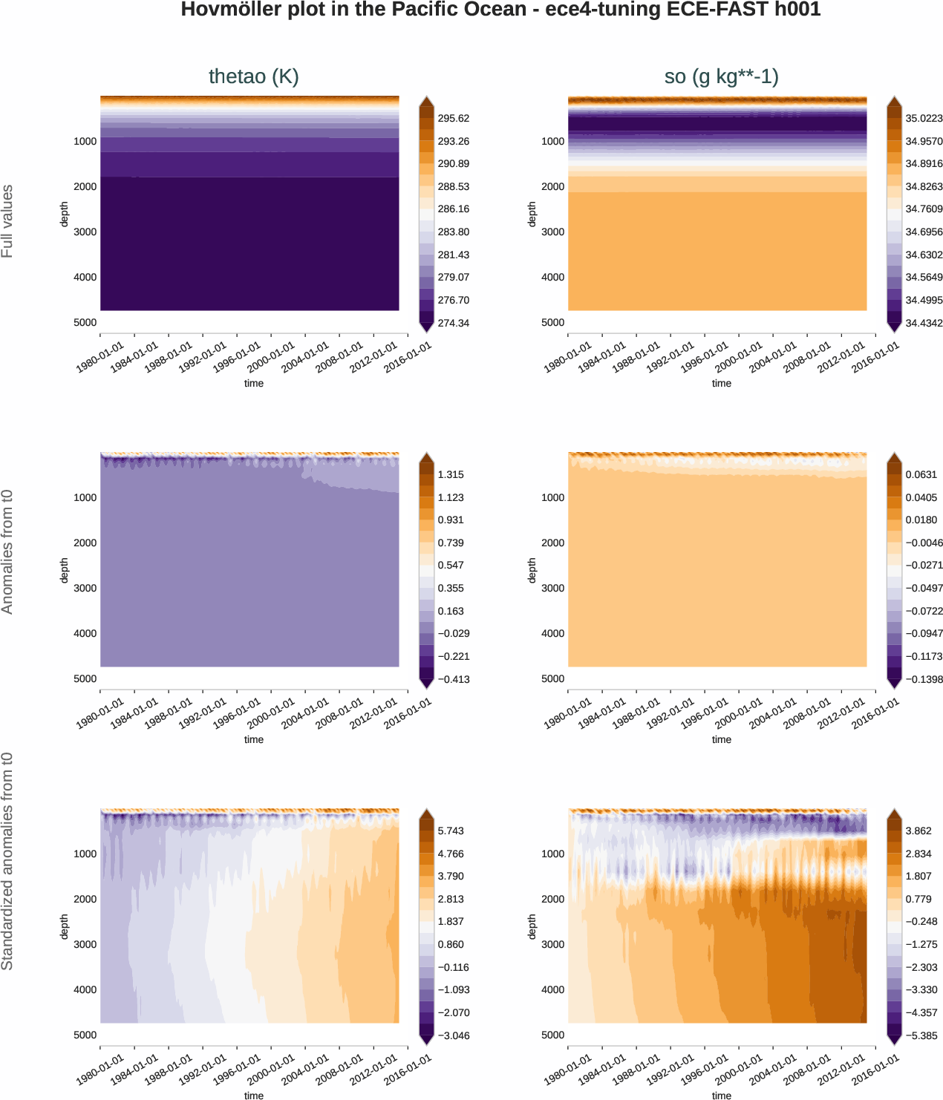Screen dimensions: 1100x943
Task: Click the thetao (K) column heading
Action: pyautogui.click(x=253, y=76)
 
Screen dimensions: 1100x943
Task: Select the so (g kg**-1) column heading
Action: pyautogui.click(x=721, y=76)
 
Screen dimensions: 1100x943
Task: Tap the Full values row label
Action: pyautogui.click(x=7, y=221)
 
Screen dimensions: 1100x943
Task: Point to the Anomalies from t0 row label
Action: pyautogui.click(x=7, y=552)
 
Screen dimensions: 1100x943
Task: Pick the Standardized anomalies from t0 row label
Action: pyautogui.click(x=7, y=861)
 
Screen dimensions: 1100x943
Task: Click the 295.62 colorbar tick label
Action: pyautogui.click(x=453, y=119)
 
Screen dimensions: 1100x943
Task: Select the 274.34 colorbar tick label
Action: pyautogui.click(x=453, y=323)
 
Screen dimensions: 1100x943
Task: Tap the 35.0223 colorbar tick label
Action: pyautogui.click(x=924, y=119)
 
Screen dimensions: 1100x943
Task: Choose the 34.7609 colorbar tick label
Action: pyautogui.click(x=924, y=209)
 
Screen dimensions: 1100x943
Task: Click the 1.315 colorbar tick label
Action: pyautogui.click(x=451, y=475)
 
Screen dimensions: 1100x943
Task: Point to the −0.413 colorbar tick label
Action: pyautogui.click(x=453, y=679)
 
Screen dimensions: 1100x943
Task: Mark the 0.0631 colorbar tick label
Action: pyautogui.click(x=921, y=475)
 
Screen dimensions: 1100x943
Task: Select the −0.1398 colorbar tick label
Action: pyautogui.click(x=924, y=679)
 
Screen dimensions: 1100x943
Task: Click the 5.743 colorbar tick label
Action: pyautogui.click(x=451, y=831)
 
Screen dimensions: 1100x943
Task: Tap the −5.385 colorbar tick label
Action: pyautogui.click(x=921, y=1035)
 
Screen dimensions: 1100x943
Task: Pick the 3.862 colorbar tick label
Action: pyautogui.click(x=918, y=831)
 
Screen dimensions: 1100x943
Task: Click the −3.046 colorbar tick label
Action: pyautogui.click(x=453, y=1035)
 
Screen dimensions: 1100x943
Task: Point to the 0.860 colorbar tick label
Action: pyautogui.click(x=451, y=945)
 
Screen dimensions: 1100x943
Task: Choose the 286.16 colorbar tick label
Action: pyautogui.click(x=453, y=209)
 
